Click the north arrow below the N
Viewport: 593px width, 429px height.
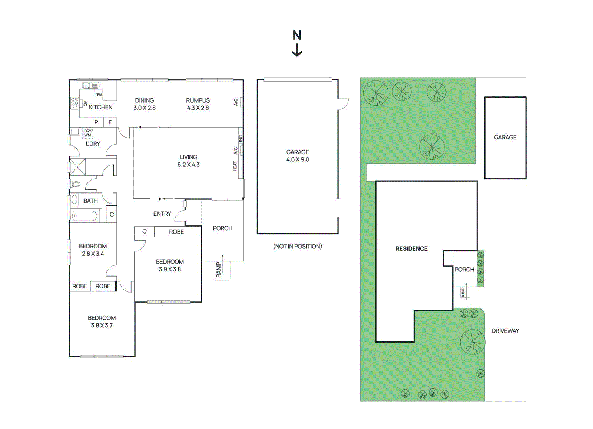point(297,50)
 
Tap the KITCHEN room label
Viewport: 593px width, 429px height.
point(100,107)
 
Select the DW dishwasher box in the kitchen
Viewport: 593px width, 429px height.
point(99,95)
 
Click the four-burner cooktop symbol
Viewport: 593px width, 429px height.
point(74,103)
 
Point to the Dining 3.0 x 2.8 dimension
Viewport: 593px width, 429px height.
point(145,108)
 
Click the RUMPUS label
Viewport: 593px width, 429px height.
point(198,100)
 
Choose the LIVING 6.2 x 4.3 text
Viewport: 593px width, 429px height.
point(188,161)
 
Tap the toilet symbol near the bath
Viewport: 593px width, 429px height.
point(75,184)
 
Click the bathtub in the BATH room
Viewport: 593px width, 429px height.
point(85,216)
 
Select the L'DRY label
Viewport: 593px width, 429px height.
point(93,144)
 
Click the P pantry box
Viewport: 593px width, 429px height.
point(96,122)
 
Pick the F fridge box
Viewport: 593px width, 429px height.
point(110,122)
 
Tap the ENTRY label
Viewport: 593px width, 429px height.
point(162,214)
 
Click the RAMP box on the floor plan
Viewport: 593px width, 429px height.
point(222,270)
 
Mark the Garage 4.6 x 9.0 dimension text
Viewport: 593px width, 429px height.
point(298,159)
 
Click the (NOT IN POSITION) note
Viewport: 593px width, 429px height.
point(298,246)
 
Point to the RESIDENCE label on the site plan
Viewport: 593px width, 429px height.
point(411,249)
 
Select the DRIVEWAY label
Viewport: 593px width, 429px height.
point(505,331)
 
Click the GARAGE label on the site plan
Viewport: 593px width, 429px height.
point(505,137)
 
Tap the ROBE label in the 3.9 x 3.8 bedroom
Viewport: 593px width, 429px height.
point(176,232)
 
